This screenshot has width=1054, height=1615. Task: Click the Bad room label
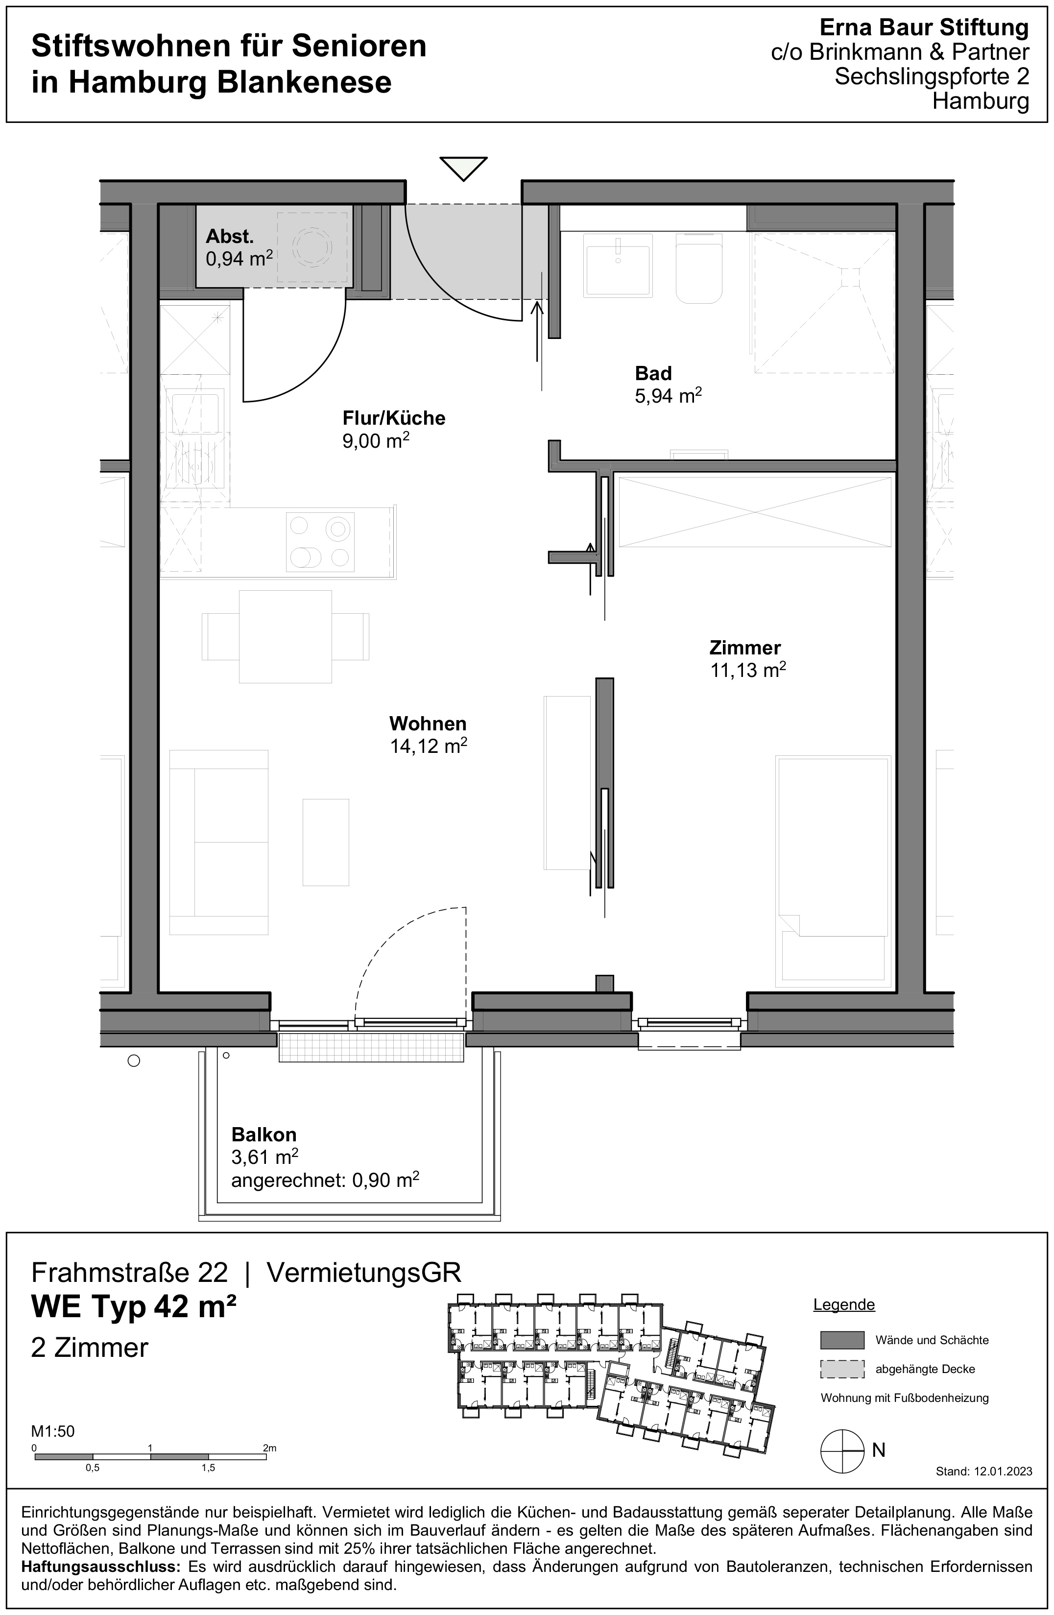tap(653, 373)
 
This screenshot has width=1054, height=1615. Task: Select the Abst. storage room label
tap(229, 237)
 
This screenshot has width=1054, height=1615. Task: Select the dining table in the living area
tap(285, 636)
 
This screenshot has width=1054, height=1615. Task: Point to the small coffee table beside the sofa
tap(326, 842)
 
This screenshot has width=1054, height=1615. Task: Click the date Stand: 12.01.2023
tap(983, 1471)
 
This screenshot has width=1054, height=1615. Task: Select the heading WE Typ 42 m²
tap(134, 1306)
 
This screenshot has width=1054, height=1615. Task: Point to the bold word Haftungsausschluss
tap(100, 1567)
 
